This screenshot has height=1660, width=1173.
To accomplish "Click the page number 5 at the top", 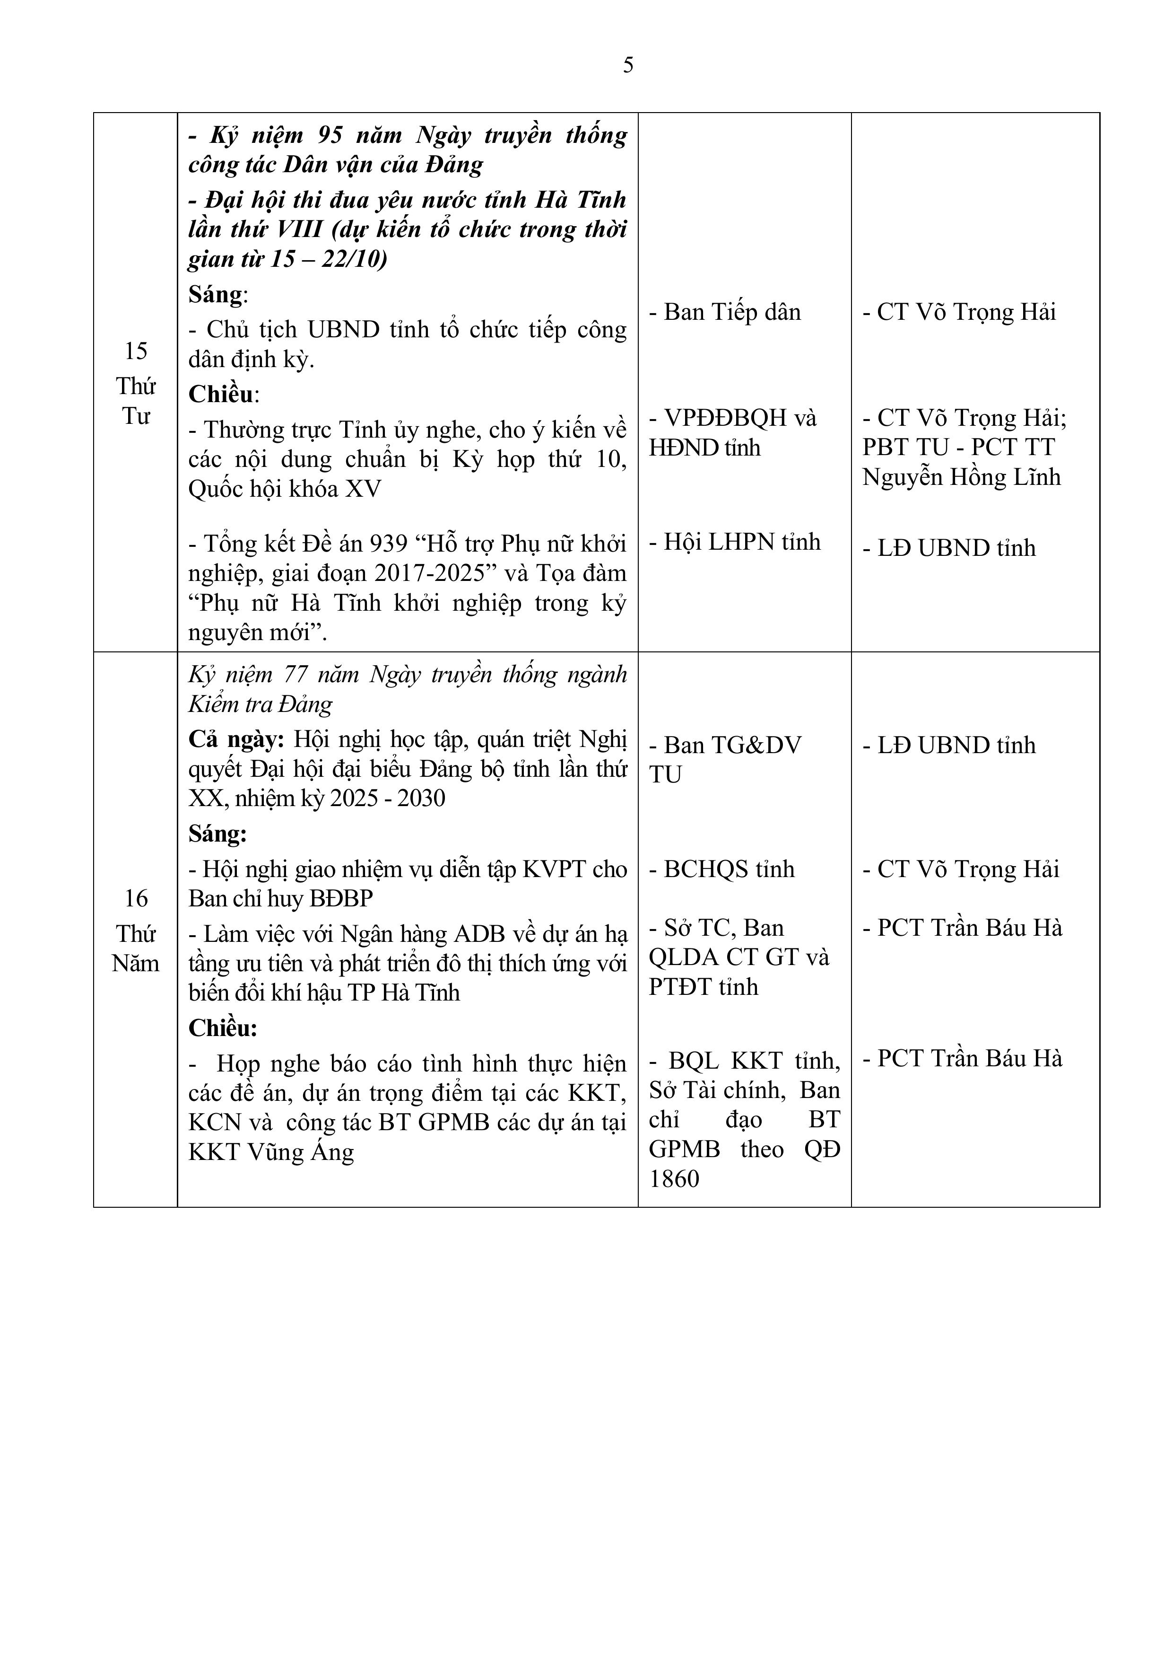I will [628, 66].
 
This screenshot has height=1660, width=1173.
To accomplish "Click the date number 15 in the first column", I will [136, 351].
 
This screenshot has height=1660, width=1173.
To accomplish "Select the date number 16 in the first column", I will [136, 899].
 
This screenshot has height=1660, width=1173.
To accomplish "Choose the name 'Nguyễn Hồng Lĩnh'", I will [961, 478].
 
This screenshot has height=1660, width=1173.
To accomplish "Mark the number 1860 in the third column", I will [674, 1179].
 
